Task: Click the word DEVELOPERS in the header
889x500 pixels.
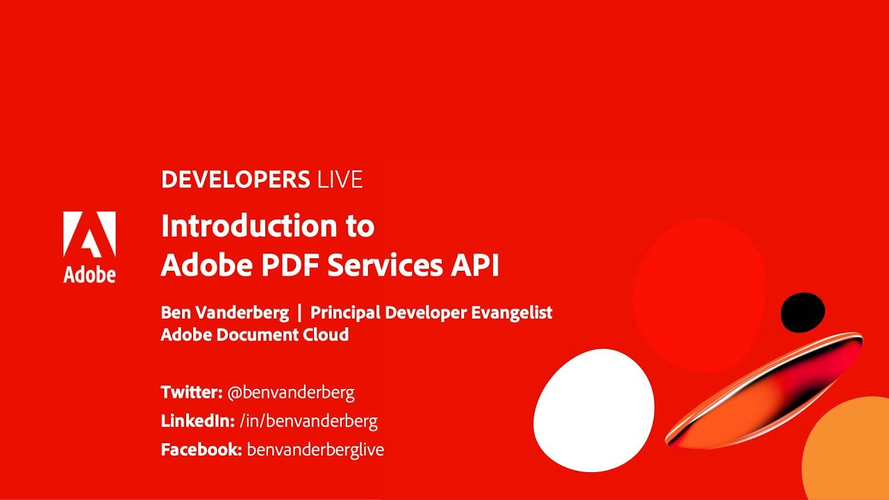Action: [235, 180]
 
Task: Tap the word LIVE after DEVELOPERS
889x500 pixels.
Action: [340, 180]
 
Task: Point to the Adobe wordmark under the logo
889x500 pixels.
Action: [90, 274]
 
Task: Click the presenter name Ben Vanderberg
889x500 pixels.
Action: [224, 312]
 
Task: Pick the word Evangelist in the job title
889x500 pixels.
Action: [511, 312]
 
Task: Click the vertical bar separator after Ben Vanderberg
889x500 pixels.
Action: [299, 312]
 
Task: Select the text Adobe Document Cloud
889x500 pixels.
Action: [254, 335]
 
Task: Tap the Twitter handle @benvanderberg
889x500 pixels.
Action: [291, 392]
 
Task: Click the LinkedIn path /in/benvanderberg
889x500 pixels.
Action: [308, 421]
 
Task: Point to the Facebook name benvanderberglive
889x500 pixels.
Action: [315, 449]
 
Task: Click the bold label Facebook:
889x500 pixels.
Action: [201, 449]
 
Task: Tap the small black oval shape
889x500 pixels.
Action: [803, 312]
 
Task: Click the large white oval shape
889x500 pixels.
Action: [594, 410]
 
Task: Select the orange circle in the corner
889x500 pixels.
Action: [851, 451]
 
